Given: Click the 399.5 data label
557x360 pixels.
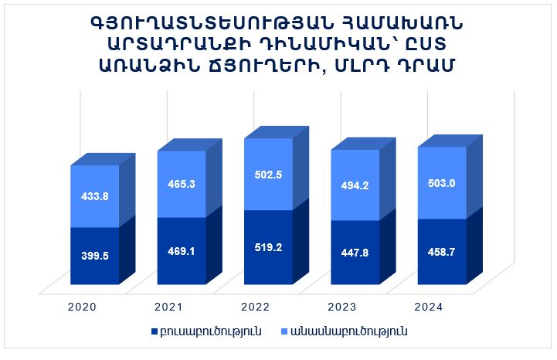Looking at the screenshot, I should pyautogui.click(x=95, y=255).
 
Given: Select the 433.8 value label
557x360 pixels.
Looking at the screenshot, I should pyautogui.click(x=95, y=196).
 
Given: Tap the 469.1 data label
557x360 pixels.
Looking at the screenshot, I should pyautogui.click(x=182, y=250).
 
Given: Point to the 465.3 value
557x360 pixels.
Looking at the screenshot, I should pyautogui.click(x=182, y=185).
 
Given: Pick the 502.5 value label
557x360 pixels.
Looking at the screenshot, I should pyautogui.click(x=268, y=175).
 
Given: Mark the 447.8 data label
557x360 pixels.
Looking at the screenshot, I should pyautogui.click(x=355, y=252).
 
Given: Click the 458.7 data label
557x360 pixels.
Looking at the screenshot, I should pyautogui.click(x=441, y=252).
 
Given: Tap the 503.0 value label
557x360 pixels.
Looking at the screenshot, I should pyautogui.click(x=441, y=182).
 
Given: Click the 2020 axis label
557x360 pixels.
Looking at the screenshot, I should pyautogui.click(x=82, y=307).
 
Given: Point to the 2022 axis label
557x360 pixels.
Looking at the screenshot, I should pyautogui.click(x=256, y=307).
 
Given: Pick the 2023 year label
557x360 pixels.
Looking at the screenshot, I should pyautogui.click(x=342, y=307).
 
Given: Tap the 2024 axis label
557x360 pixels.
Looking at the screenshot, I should pyautogui.click(x=428, y=307).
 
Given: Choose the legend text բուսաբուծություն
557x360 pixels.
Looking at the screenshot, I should pyautogui.click(x=210, y=331).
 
